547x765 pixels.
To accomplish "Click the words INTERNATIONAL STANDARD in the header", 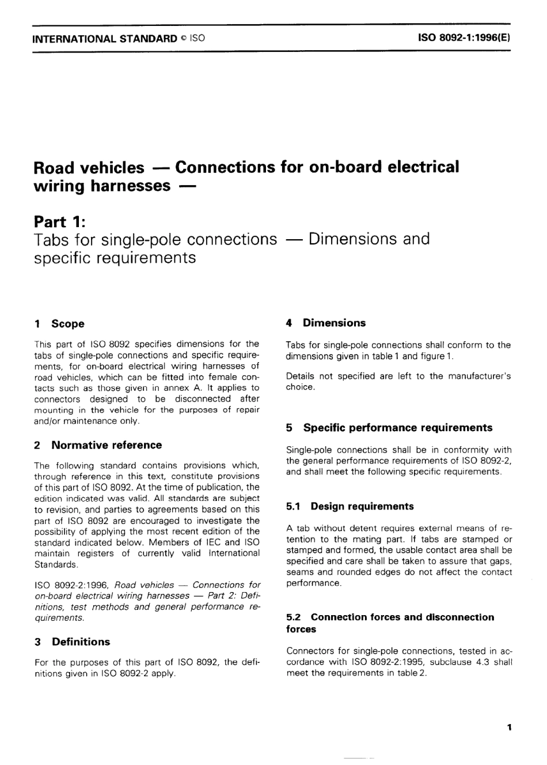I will (105, 39).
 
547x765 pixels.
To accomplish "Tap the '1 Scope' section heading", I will (59, 324).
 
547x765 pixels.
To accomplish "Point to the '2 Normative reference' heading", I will (98, 445).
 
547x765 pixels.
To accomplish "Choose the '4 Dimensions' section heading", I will (326, 323).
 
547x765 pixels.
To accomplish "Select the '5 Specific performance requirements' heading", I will (389, 428).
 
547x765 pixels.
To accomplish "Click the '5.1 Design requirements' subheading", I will (350, 506).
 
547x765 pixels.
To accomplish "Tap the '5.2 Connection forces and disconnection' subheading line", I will (390, 617).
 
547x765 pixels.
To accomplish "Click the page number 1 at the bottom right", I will (509, 728).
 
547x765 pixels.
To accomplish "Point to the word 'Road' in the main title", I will (54, 168).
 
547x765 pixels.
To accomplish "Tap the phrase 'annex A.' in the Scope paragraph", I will (185, 388).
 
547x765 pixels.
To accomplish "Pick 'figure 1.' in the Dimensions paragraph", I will (436, 356).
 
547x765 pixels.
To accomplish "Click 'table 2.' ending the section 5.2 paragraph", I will (412, 673).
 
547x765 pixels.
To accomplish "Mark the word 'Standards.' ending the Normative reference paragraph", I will (56, 564).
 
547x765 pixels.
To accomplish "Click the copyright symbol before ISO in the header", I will (183, 39).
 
